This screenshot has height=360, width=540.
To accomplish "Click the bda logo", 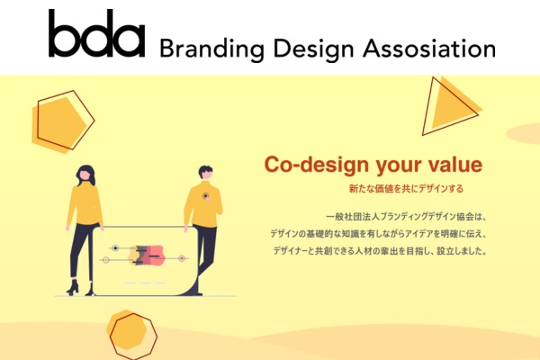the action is pyautogui.click(x=96, y=33).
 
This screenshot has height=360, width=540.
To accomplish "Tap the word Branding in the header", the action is pyautogui.click(x=211, y=49).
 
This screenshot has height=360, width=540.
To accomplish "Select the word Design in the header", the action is pyautogui.click(x=313, y=49).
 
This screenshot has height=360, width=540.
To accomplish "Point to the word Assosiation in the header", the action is pyautogui.click(x=429, y=49).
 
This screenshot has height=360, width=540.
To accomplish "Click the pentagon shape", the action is pyautogui.click(x=63, y=121).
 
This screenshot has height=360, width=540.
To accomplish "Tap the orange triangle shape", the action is pyautogui.click(x=451, y=106).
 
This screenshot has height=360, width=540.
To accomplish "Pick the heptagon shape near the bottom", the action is pyautogui.click(x=132, y=335).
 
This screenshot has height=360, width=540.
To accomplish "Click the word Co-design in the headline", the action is pyautogui.click(x=317, y=165).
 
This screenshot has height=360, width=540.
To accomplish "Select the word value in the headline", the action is pyautogui.click(x=454, y=165).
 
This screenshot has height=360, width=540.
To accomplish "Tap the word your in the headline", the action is pyautogui.click(x=399, y=166).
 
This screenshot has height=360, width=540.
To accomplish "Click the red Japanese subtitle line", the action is pyautogui.click(x=406, y=189).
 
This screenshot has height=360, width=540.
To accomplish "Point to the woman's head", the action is pyautogui.click(x=85, y=175).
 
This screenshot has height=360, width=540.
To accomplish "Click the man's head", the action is pyautogui.click(x=205, y=173).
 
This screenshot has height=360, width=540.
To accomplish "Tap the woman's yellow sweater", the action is pyautogui.click(x=85, y=204).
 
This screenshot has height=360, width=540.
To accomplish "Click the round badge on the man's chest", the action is pyautogui.click(x=205, y=196).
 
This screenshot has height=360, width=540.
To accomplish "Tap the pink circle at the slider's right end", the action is pyautogui.click(x=182, y=258).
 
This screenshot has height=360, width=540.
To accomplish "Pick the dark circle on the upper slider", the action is pyautogui.click(x=116, y=248).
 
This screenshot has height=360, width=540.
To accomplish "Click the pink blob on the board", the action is pyautogui.click(x=153, y=256).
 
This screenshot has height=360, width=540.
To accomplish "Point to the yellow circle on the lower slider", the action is pyautogui.click(x=106, y=260).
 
